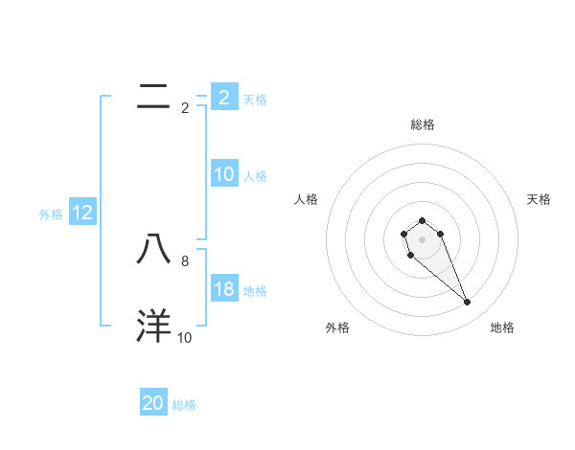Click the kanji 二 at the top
(x=153, y=96)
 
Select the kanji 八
(x=153, y=250)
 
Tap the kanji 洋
(x=153, y=326)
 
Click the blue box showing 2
(x=223, y=97)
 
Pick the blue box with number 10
(x=223, y=174)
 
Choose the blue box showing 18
(x=223, y=289)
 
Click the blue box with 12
(x=82, y=213)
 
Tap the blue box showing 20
(x=153, y=403)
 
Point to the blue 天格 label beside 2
(x=255, y=99)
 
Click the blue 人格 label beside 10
(x=255, y=176)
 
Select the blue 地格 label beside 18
(x=255, y=291)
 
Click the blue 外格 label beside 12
(x=51, y=214)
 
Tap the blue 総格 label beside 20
(x=184, y=405)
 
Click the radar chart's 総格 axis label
(x=422, y=124)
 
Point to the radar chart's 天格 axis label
(x=539, y=199)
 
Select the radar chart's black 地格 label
(x=502, y=327)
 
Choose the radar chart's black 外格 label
(x=337, y=327)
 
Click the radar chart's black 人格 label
(x=307, y=199)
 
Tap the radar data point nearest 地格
(x=468, y=303)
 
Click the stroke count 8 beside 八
(x=184, y=259)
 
